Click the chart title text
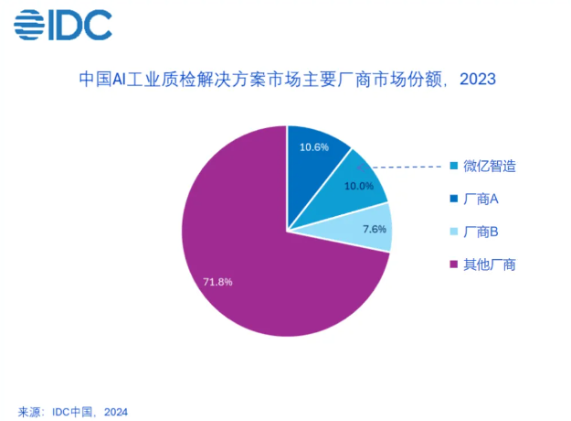point(286,79)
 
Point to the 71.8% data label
point(217,282)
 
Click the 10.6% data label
point(315,146)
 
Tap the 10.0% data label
point(358,186)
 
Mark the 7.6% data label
point(375,229)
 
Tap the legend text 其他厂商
point(490,264)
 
